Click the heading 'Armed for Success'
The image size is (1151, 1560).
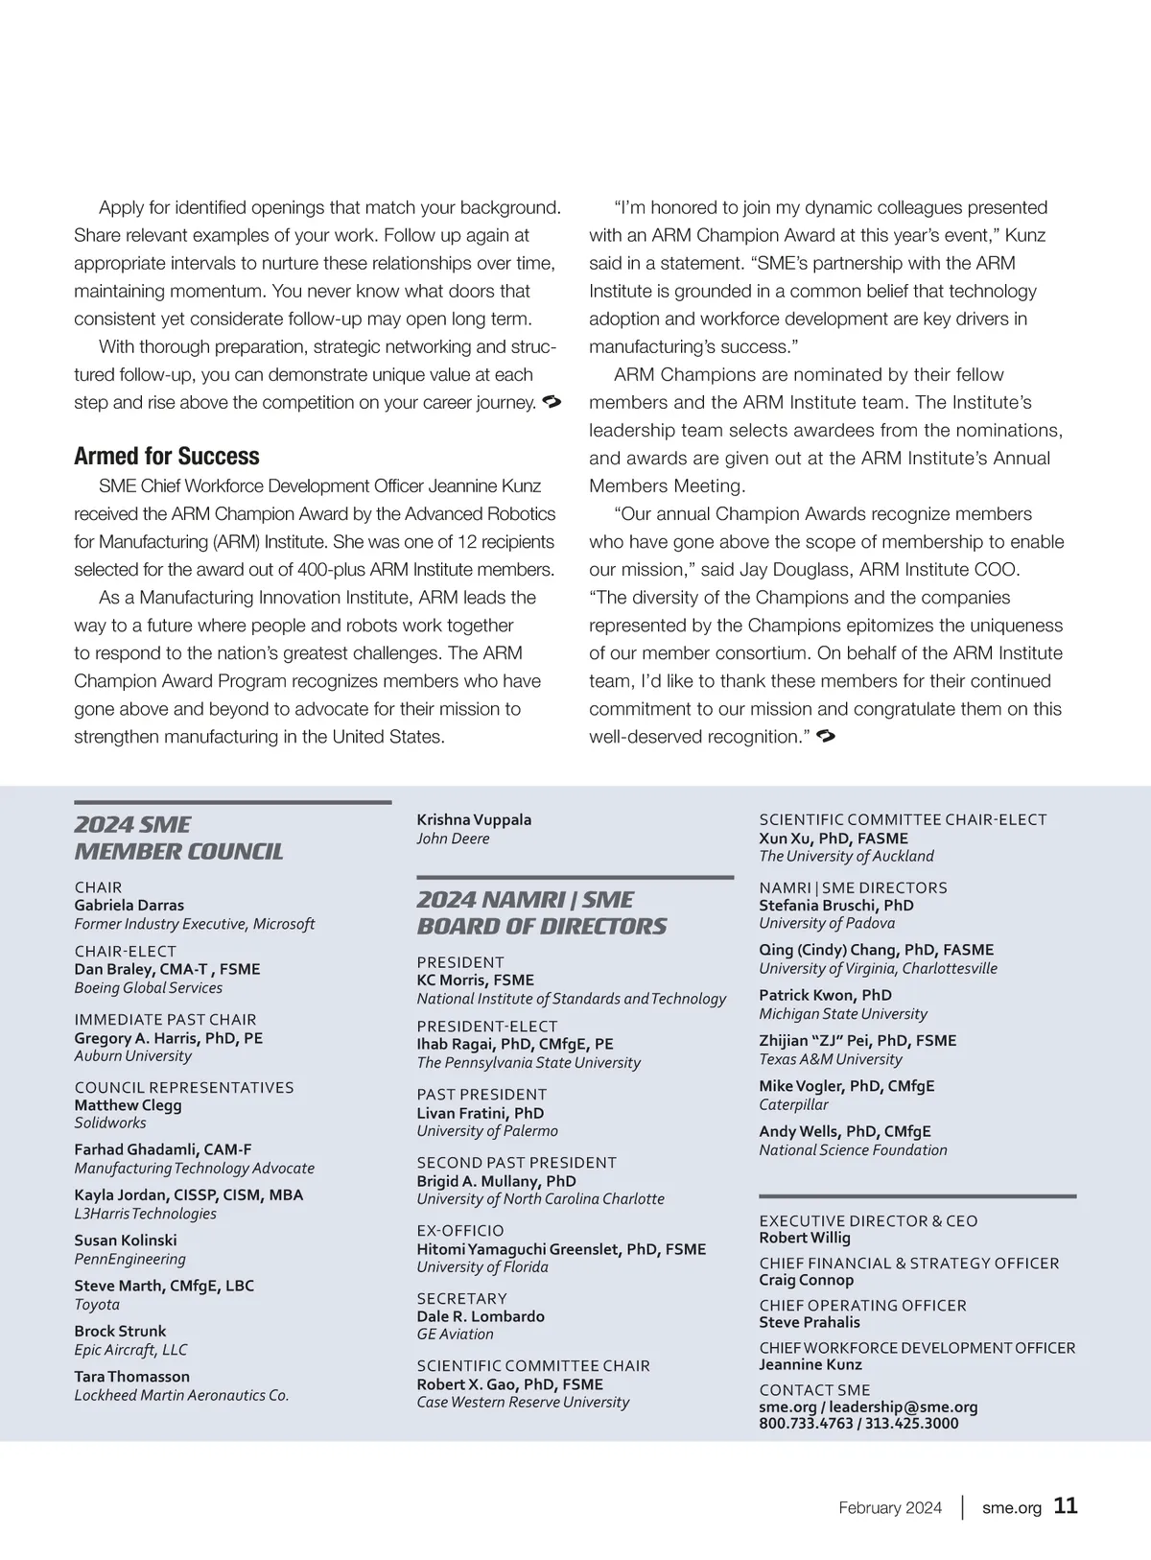tap(167, 456)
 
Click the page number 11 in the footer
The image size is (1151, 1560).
tap(1066, 1506)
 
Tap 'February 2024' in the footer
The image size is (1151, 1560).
tap(890, 1507)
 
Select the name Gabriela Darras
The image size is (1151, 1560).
tap(129, 905)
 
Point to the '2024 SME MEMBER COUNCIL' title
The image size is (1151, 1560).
tap(179, 838)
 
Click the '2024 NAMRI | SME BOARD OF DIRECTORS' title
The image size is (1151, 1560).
tap(541, 912)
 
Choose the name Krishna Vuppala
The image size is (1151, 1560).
tap(474, 819)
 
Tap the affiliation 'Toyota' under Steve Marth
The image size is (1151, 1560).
tap(97, 1304)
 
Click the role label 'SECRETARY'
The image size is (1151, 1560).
tap(461, 1298)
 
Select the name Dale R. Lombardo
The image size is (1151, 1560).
tap(481, 1316)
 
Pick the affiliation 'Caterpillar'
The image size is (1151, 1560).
tap(793, 1104)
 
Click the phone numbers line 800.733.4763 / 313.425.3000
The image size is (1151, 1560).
tap(858, 1424)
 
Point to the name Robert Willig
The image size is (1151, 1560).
tap(805, 1238)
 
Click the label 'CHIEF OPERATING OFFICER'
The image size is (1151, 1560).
tap(862, 1305)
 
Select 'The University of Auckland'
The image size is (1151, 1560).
tap(846, 856)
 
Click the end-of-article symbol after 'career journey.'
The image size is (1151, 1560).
tap(552, 401)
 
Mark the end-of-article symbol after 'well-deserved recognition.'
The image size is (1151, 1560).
tap(826, 736)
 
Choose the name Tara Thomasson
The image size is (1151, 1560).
tap(132, 1377)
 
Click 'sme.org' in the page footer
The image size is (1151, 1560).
tap(1011, 1507)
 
